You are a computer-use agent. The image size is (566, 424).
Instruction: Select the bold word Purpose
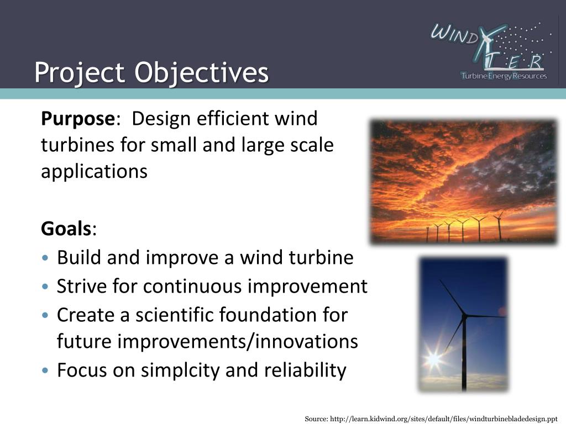pyautogui.click(x=77, y=119)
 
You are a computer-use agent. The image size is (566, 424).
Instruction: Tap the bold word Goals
pyautogui.click(x=66, y=229)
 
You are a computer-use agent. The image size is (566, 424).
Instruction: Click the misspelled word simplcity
pyautogui.click(x=180, y=370)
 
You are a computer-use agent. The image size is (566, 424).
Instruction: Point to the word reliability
pyautogui.click(x=303, y=370)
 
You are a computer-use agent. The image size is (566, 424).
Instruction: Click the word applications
pyautogui.click(x=94, y=172)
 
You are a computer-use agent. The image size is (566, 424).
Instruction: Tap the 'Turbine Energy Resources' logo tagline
pyautogui.click(x=504, y=76)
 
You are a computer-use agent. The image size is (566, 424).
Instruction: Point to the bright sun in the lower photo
pyautogui.click(x=434, y=359)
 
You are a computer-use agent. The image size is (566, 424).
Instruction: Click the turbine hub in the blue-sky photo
pyautogui.click(x=464, y=316)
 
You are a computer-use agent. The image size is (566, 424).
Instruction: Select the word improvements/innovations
pyautogui.click(x=238, y=342)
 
